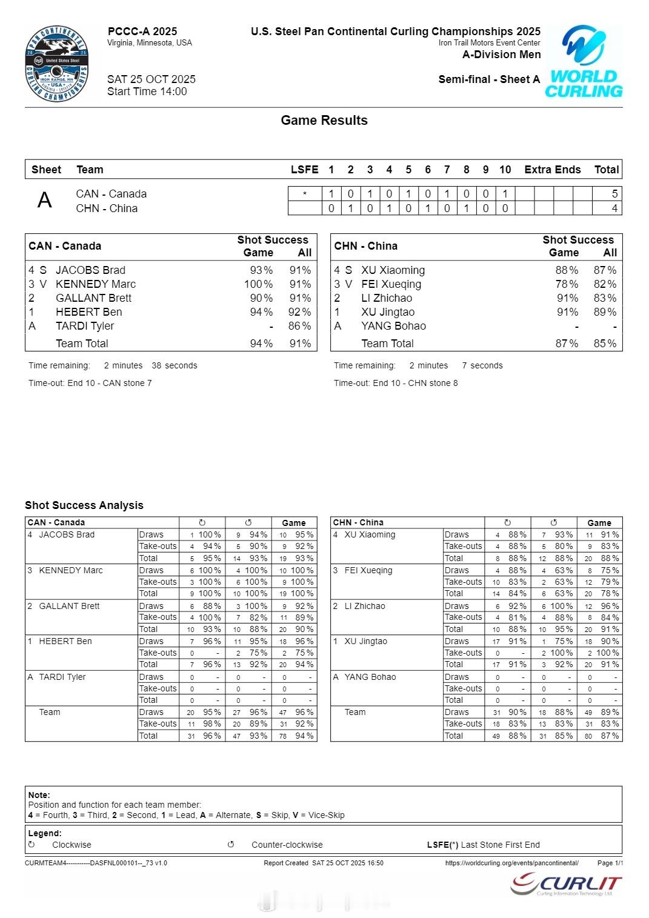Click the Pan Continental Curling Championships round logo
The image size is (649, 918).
point(57,64)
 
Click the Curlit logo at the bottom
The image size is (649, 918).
point(566,885)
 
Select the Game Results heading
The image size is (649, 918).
point(324,120)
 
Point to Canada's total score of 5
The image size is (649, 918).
point(614,194)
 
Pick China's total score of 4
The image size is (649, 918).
point(614,208)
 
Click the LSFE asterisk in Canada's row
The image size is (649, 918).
point(304,194)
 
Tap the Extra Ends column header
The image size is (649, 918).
point(552,170)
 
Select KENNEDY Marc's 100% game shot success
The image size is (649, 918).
point(258,284)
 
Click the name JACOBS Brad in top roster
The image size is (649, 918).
point(90,270)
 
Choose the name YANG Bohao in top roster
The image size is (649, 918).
point(393,326)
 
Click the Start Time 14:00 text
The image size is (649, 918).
point(147,91)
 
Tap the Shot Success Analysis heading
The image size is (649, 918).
point(84,505)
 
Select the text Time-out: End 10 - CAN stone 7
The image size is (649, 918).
point(90,383)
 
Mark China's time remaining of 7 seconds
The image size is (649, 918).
point(482,365)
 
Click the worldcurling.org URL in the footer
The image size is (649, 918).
point(511,863)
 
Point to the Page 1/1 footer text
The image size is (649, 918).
point(610,863)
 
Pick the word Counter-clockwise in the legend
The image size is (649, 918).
point(287,845)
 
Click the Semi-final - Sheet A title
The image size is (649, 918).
point(489,79)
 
